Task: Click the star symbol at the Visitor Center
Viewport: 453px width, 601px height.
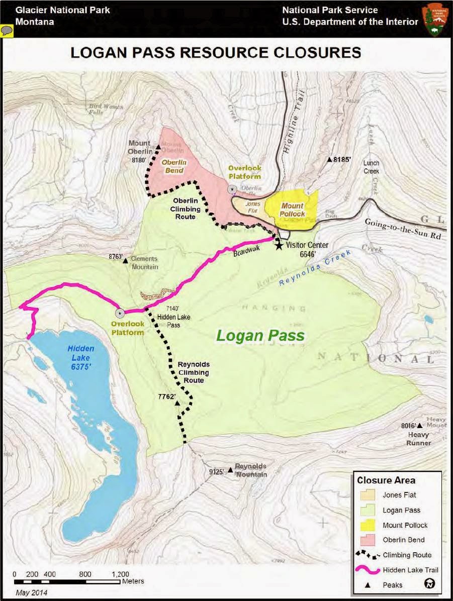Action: pos(279,245)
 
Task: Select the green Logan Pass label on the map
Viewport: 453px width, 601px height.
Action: pos(260,335)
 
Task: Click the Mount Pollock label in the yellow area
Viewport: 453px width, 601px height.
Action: pos(292,210)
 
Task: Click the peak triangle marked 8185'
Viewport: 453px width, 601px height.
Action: pos(330,160)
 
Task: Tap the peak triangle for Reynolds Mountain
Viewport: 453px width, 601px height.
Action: pos(230,470)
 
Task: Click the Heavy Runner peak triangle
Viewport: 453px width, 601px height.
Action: pos(420,426)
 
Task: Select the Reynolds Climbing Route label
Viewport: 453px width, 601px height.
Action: pos(194,372)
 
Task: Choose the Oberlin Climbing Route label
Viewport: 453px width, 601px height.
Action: pos(183,209)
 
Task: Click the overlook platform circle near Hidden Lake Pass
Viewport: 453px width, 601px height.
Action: pos(120,313)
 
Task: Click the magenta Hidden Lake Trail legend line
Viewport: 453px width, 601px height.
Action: pos(369,570)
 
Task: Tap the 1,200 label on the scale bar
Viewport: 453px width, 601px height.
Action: pos(120,574)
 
